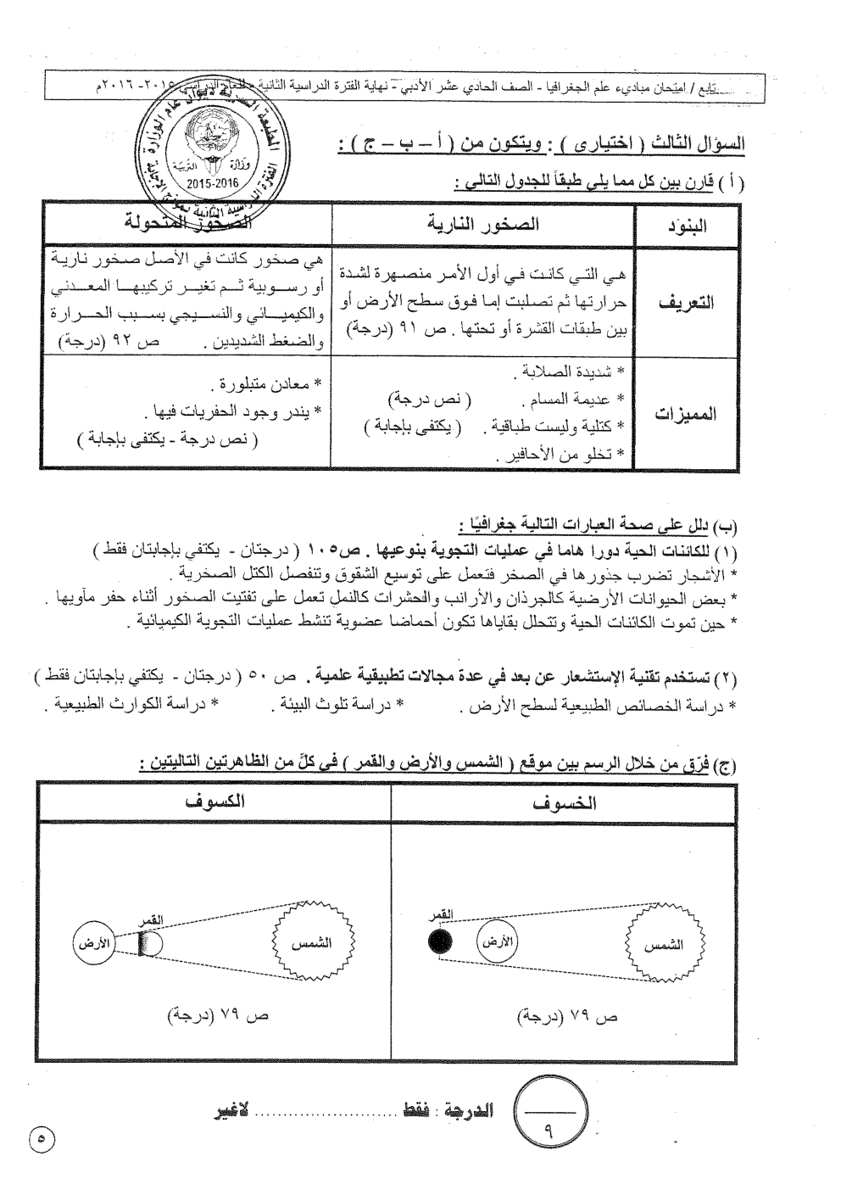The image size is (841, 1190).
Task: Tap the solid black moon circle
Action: point(440,941)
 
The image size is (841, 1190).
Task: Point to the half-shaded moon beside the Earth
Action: point(149,945)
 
